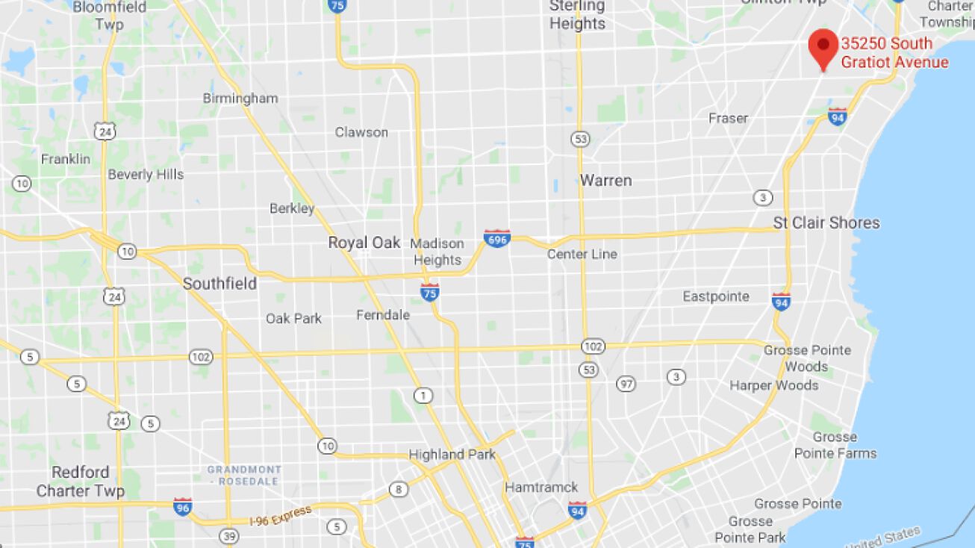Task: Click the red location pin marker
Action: click(823, 48)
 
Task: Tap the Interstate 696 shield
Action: click(497, 239)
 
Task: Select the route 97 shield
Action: click(626, 384)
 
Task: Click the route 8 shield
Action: click(399, 490)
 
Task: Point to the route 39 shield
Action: click(229, 536)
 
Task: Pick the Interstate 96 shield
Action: click(182, 507)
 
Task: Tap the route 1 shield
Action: click(424, 396)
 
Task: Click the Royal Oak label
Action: click(359, 243)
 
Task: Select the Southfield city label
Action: click(219, 284)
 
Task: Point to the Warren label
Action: click(605, 181)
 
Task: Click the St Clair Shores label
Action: click(826, 222)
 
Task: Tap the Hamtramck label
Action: click(541, 488)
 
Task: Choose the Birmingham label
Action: click(240, 99)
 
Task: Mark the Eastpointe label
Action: click(716, 296)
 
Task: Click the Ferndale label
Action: click(383, 315)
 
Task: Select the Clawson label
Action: click(361, 132)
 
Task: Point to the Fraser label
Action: click(728, 118)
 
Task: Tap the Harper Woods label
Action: click(773, 385)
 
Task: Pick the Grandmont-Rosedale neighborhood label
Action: click(244, 476)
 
